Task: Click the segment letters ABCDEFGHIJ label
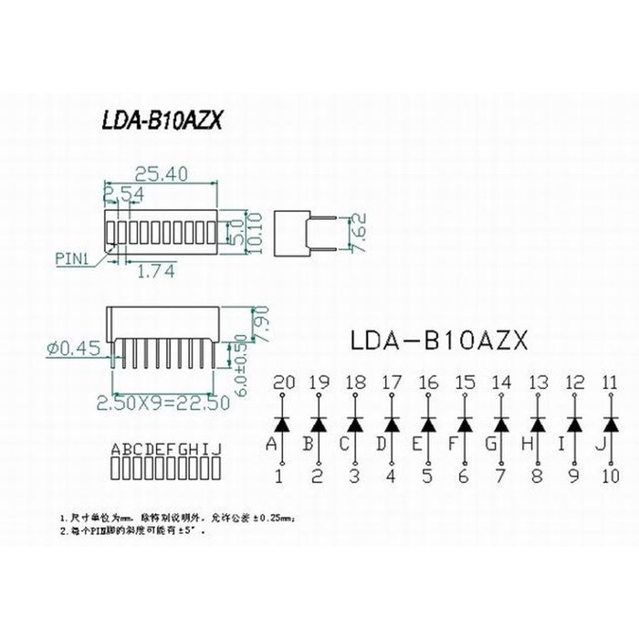165,449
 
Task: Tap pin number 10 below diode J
610,476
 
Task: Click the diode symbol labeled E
428,424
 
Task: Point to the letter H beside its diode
526,445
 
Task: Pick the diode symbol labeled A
282,424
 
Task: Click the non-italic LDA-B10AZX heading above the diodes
438,340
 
